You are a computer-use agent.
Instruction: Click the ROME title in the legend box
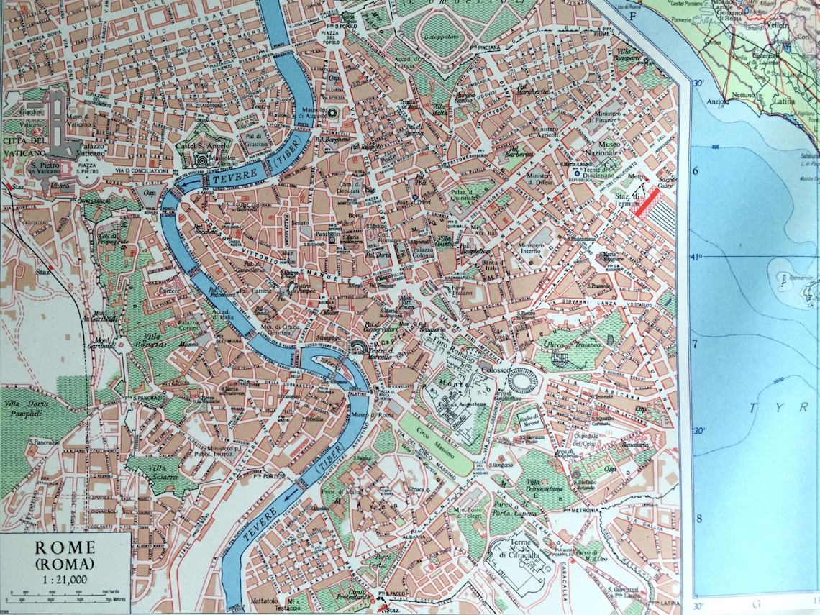[65, 548]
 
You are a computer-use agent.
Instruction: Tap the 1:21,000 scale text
[65, 580]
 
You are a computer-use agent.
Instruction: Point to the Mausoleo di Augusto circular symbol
[332, 113]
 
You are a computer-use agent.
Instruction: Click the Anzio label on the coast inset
[717, 102]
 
